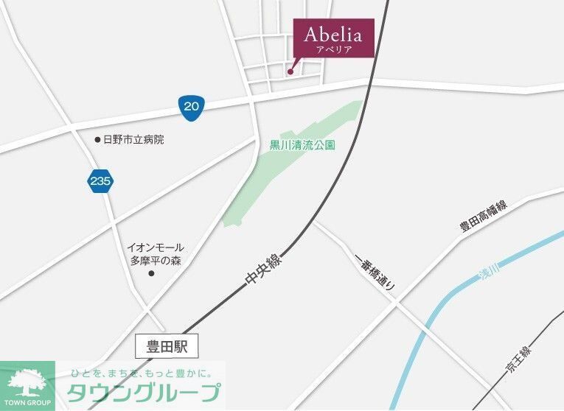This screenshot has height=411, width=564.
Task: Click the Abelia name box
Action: pyautogui.click(x=333, y=37)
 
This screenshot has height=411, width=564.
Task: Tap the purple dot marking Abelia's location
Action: pyautogui.click(x=290, y=71)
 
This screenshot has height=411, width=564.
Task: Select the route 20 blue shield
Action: pyautogui.click(x=191, y=106)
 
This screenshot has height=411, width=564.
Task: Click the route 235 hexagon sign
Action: pyautogui.click(x=99, y=180)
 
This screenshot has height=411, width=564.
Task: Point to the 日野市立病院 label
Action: pyautogui.click(x=133, y=139)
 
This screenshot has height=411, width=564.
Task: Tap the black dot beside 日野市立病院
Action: pyautogui.click(x=97, y=139)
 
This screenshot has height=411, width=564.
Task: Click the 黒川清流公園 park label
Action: pyautogui.click(x=302, y=146)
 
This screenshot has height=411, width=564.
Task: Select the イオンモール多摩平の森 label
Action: pyautogui.click(x=155, y=254)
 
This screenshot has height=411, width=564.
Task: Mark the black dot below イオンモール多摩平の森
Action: pyautogui.click(x=152, y=274)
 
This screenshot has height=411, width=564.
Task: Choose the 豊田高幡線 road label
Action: pyautogui.click(x=484, y=216)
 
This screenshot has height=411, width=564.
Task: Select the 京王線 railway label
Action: pyautogui.click(x=518, y=362)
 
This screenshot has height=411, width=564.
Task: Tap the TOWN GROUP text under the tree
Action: pyautogui.click(x=27, y=402)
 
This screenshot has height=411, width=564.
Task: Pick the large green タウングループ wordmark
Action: pyautogui.click(x=143, y=391)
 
